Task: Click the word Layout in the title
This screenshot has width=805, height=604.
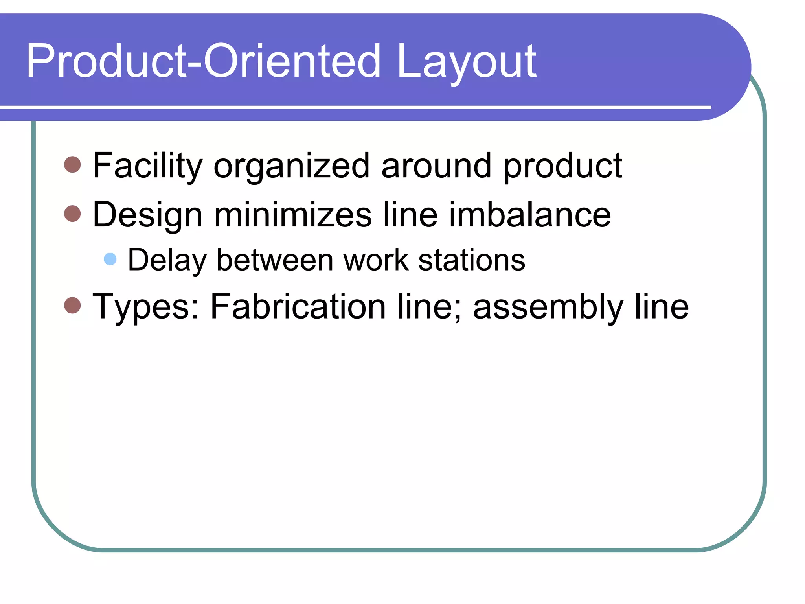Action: [467, 62]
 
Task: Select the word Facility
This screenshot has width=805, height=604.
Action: [147, 166]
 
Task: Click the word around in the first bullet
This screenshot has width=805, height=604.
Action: [436, 166]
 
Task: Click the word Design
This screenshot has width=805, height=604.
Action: [147, 215]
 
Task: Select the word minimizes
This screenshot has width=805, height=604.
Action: [292, 215]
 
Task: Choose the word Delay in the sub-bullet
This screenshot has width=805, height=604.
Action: [167, 260]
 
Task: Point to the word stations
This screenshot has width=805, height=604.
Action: [472, 260]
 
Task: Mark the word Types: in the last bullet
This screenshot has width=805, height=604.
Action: [145, 307]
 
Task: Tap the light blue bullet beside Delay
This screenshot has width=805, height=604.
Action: [110, 259]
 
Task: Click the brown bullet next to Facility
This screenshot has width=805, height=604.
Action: [72, 164]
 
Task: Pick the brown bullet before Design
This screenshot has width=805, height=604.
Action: [72, 214]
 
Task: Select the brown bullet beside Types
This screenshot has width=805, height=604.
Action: [72, 305]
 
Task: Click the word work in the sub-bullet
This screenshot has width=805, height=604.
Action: [376, 260]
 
